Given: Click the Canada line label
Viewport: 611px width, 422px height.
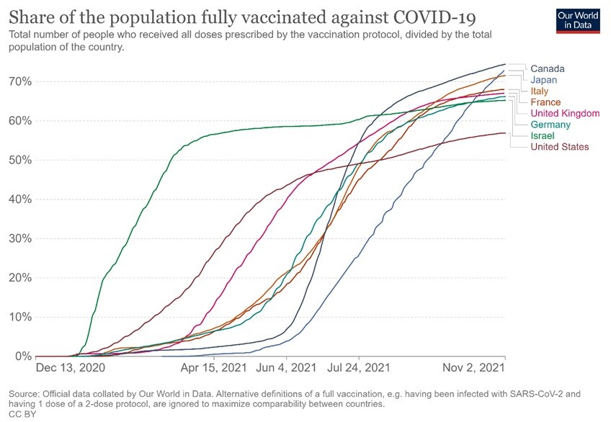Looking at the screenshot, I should pos(548,69).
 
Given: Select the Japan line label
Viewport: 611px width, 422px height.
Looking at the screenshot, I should pos(545,80).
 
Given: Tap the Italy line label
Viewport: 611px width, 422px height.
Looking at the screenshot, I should pos(540,91).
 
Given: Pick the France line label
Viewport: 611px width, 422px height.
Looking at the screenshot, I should pos(545,102).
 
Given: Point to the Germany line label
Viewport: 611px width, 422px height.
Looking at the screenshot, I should pos(550,125).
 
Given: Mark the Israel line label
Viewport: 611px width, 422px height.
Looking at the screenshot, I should pos(542,136).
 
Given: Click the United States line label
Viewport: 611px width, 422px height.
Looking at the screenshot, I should pos(560,147).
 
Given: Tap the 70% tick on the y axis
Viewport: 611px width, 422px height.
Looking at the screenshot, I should pos(20,81).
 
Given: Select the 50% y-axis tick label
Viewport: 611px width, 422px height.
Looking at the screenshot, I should pos(20,160).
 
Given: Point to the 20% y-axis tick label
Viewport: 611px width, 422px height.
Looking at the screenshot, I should pos(20,278).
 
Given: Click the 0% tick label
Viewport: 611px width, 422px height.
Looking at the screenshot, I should pos(23,356).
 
